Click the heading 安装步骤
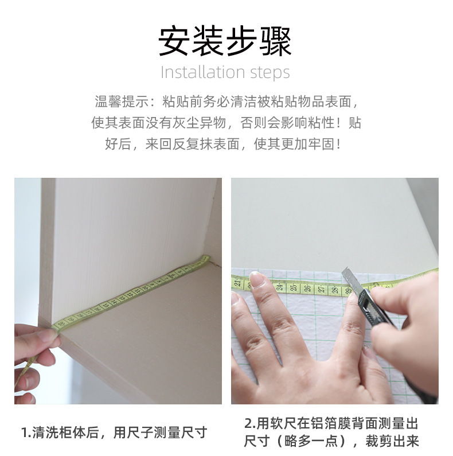tap(225, 41)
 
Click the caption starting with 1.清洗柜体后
tap(114, 432)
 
